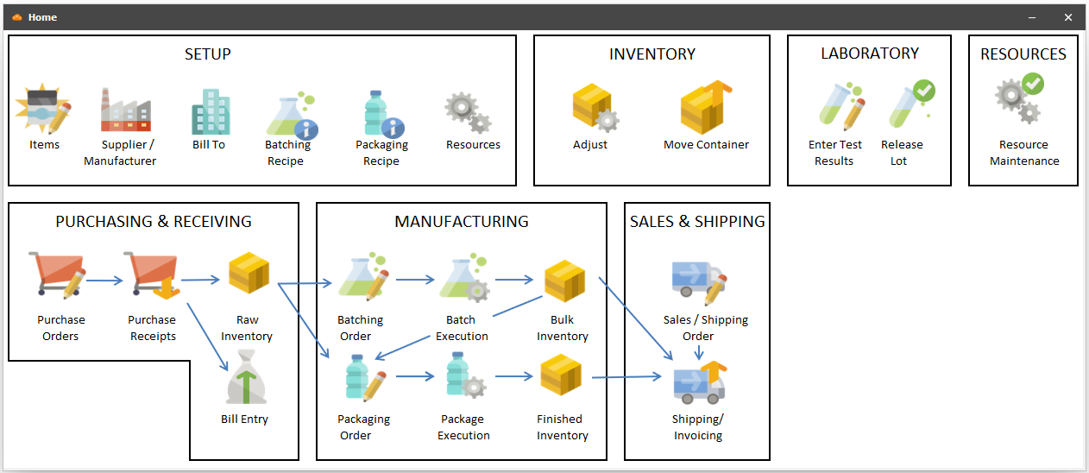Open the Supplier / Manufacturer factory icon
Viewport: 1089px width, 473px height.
pyautogui.click(x=125, y=110)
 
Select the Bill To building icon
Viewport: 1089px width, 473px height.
pyautogui.click(x=210, y=111)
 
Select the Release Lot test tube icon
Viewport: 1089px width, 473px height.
pyautogui.click(x=911, y=104)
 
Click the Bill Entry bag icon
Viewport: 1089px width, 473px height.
pyautogui.click(x=246, y=381)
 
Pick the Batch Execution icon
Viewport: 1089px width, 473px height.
pyautogui.click(x=463, y=278)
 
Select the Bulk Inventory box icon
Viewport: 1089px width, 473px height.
pyautogui.click(x=564, y=280)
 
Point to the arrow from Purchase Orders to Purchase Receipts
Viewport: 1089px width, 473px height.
pyautogui.click(x=104, y=280)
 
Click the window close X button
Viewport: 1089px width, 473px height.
pyautogui.click(x=1068, y=17)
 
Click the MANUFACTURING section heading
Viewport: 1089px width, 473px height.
pyautogui.click(x=462, y=222)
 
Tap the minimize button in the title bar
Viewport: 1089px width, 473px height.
pyautogui.click(x=1032, y=17)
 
